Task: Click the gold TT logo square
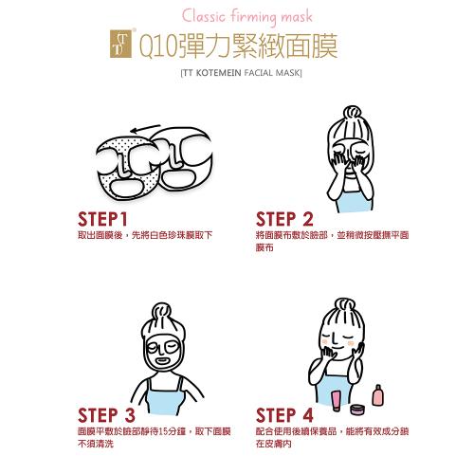(x=120, y=44)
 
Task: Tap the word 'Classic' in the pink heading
(x=204, y=16)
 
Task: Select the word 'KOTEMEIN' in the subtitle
(x=218, y=73)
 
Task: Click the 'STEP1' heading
(x=102, y=219)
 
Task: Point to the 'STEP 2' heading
(x=284, y=219)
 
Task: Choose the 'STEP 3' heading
(x=106, y=415)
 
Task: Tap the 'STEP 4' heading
(x=284, y=415)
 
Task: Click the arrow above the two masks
(x=146, y=128)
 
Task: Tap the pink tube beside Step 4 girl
(x=337, y=401)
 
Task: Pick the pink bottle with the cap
(x=377, y=395)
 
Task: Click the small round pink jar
(x=358, y=410)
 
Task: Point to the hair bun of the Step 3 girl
(x=161, y=312)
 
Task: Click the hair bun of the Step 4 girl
(x=344, y=306)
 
